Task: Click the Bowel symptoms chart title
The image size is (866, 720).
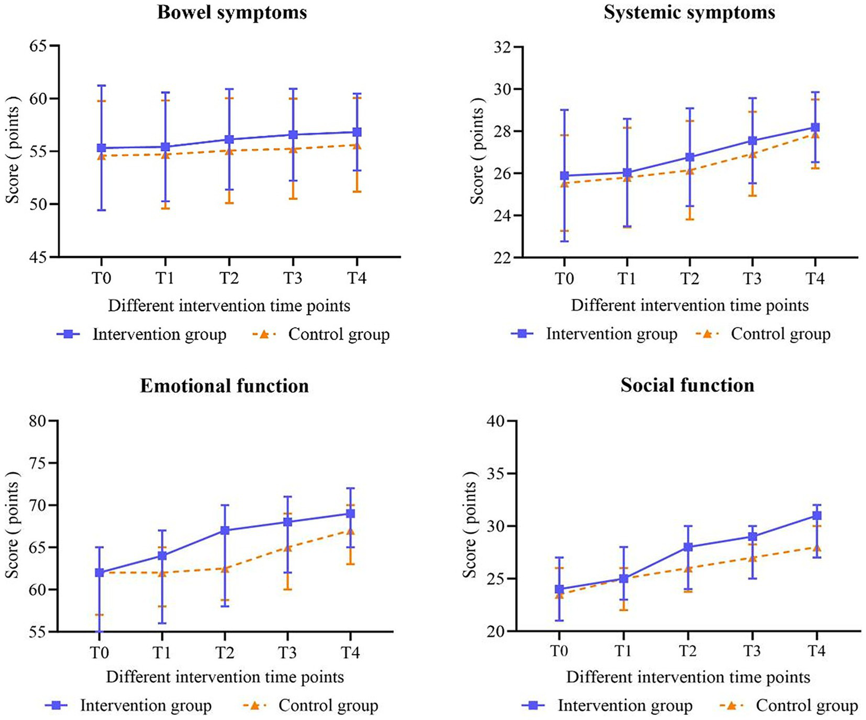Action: pos(232,12)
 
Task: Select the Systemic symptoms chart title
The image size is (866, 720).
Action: pos(689,12)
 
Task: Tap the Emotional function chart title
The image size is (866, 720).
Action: pos(225,386)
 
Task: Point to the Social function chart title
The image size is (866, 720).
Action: pos(687,385)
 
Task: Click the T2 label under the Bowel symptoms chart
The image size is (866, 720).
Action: pos(229,279)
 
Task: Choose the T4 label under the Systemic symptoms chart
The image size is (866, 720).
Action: pos(815,279)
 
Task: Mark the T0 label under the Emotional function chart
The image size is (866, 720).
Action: pos(99,653)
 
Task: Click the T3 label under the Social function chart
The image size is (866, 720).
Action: pos(751,652)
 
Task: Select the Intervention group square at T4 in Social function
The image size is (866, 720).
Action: pos(816,515)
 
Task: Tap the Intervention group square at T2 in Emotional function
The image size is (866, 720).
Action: pos(225,531)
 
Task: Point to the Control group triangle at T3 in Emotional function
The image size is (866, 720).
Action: pos(288,547)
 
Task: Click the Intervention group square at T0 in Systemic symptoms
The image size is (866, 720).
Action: pos(564,176)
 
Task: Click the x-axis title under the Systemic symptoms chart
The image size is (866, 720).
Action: pos(689,306)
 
